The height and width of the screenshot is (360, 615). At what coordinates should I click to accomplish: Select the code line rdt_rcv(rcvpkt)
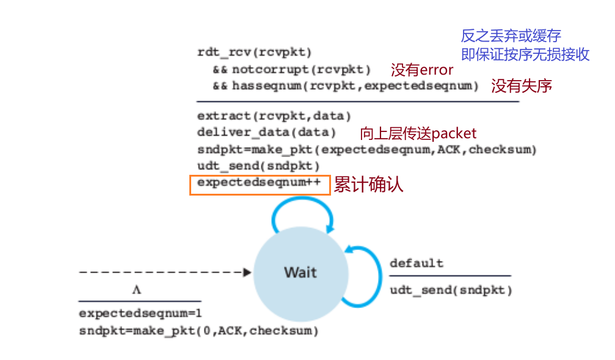[255, 53]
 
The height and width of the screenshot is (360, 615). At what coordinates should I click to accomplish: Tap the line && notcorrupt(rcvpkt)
[291, 69]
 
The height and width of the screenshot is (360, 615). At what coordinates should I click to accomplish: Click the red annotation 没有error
[422, 69]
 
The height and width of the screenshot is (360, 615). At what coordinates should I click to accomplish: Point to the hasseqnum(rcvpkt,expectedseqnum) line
[345, 86]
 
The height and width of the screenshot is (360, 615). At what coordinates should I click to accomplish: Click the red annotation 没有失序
[522, 86]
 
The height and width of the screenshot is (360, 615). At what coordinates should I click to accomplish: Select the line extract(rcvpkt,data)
[274, 116]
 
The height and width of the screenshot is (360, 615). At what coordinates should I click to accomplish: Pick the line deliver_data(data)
[266, 133]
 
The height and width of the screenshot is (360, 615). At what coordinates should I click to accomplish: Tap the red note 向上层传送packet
[418, 133]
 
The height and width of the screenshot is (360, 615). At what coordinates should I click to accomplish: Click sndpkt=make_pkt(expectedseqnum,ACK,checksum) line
[366, 150]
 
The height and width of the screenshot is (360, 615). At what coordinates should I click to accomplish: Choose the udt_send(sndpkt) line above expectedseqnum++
[258, 166]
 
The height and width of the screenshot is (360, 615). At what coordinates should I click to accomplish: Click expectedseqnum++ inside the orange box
[259, 183]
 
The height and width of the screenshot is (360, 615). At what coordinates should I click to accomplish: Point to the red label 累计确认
[368, 185]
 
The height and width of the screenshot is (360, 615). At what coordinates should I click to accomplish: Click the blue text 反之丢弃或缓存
[511, 36]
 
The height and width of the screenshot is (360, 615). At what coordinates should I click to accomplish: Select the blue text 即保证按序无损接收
[525, 54]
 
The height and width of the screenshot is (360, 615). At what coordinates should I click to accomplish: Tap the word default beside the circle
[417, 263]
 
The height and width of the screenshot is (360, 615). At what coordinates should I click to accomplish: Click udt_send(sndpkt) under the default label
[451, 290]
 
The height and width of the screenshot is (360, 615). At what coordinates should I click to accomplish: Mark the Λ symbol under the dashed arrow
[136, 289]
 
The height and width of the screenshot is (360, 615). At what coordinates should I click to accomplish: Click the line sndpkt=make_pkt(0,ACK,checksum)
[198, 331]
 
